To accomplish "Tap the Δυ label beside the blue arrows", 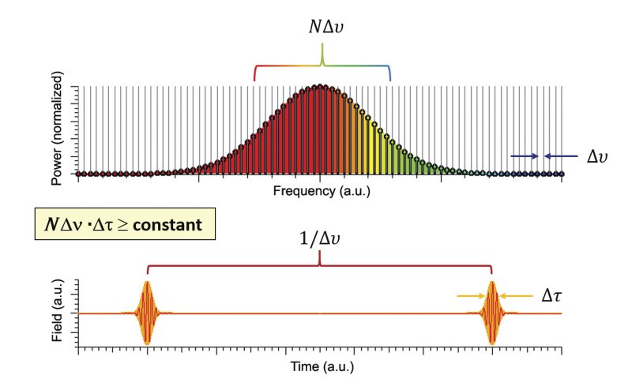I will click(598, 156).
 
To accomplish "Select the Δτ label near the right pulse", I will click(551, 296).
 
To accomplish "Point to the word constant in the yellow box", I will click(168, 224).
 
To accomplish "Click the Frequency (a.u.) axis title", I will click(320, 191).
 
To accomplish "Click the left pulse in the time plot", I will click(147, 313).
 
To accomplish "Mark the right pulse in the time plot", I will click(492, 313).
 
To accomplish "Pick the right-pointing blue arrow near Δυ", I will click(525, 156).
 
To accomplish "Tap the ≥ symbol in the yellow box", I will click(122, 225).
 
